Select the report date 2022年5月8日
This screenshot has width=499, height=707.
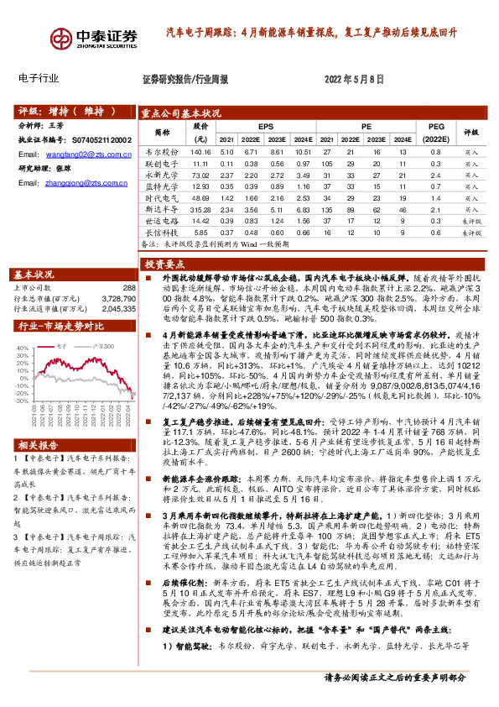pyautogui.click(x=353, y=79)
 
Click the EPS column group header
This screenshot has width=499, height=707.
pyautogui.click(x=265, y=125)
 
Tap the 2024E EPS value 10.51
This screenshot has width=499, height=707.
pyautogui.click(x=303, y=151)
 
